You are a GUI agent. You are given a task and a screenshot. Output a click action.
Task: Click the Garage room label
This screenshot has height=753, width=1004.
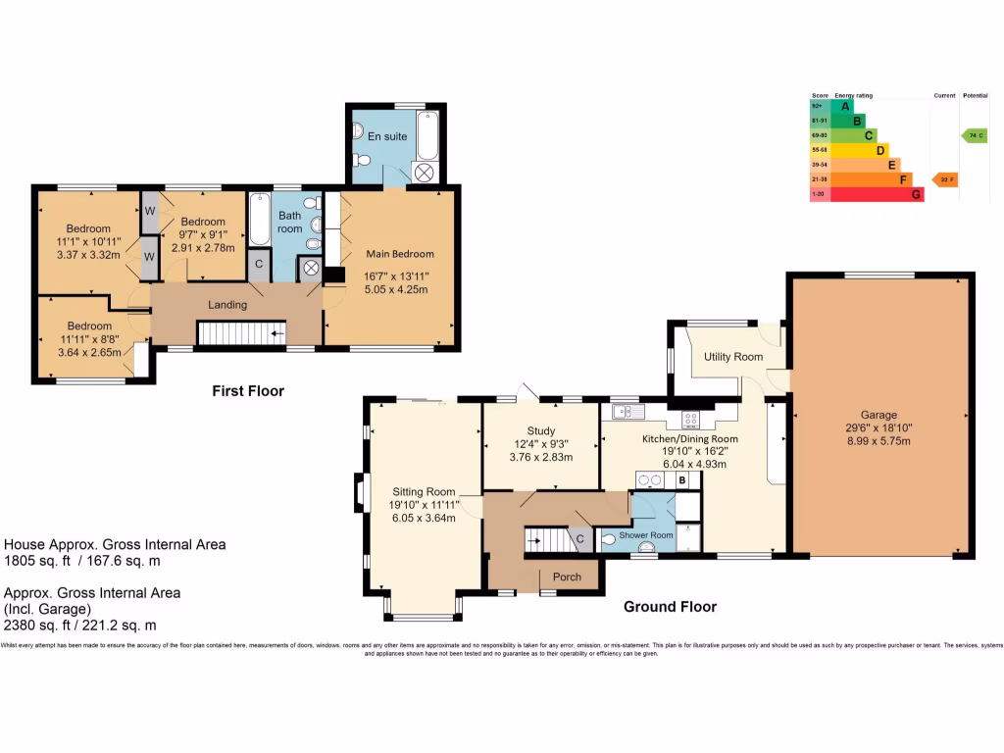878,415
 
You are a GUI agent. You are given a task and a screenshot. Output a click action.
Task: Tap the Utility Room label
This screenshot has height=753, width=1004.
732,357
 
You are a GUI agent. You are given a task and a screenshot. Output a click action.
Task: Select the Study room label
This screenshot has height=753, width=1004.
540,430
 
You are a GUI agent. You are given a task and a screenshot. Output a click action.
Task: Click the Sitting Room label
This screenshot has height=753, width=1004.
424,491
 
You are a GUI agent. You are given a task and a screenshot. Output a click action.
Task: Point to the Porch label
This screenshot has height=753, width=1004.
567,577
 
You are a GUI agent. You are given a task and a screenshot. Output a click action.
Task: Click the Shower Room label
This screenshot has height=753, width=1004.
646,534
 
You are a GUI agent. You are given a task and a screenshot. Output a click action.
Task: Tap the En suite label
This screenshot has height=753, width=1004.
387,136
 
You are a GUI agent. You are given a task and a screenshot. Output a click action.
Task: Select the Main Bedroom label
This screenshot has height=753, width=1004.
393,254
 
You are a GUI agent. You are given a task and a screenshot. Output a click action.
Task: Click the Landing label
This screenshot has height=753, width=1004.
226,305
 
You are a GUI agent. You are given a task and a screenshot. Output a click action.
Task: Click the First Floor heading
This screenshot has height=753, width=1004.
248,391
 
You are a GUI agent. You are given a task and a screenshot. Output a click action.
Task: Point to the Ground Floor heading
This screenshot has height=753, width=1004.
670,607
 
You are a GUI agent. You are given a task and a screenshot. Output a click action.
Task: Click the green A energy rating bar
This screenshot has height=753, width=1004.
842,106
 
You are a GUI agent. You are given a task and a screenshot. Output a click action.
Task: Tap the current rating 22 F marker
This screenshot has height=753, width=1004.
944,179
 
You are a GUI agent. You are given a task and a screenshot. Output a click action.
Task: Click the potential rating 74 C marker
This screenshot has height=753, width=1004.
974,135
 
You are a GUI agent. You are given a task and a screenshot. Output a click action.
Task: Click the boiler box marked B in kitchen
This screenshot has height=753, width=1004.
681,479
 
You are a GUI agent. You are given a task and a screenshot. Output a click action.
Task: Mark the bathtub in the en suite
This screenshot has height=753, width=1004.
427,136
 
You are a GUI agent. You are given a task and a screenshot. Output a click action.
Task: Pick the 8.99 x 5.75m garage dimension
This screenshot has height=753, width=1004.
878,441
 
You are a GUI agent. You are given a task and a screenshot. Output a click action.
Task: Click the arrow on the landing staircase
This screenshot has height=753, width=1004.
278,334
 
